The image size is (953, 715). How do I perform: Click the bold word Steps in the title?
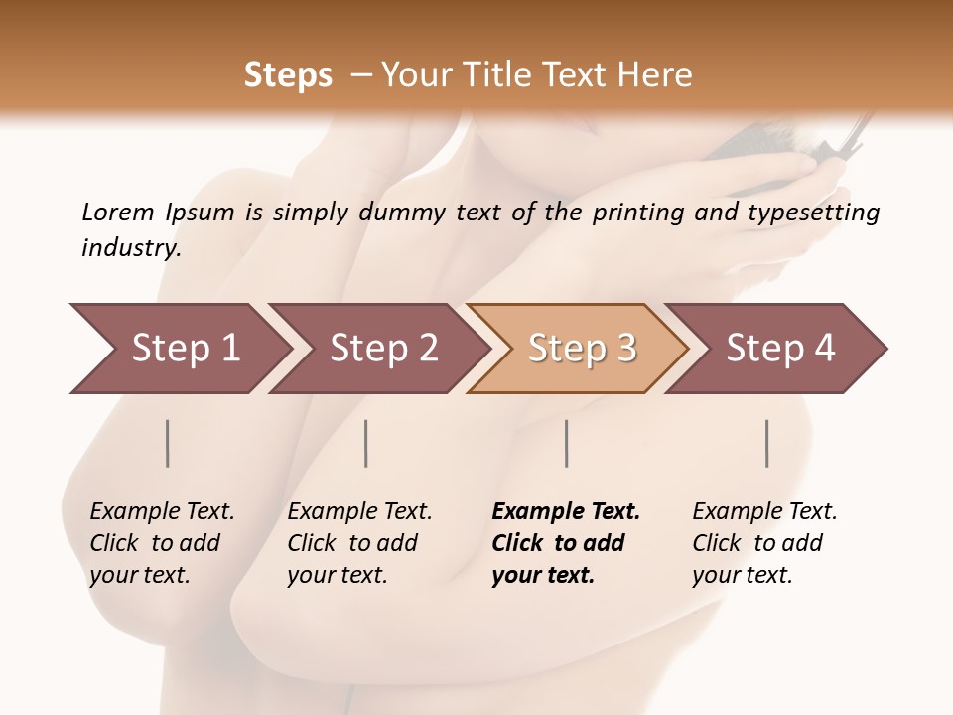[288, 75]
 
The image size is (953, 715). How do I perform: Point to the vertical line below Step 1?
[168, 443]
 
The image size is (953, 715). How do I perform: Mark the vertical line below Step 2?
[366, 443]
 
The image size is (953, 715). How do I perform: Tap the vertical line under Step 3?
[566, 443]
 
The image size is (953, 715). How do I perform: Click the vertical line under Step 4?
[767, 443]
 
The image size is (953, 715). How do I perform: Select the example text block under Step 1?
[161, 543]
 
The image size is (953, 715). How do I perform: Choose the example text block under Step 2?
[358, 543]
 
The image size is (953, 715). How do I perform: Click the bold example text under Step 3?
[565, 543]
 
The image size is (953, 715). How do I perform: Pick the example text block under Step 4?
[763, 543]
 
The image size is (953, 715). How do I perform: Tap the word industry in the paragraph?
[131, 247]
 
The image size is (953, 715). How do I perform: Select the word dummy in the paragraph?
[405, 213]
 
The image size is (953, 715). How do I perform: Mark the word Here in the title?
[659, 75]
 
